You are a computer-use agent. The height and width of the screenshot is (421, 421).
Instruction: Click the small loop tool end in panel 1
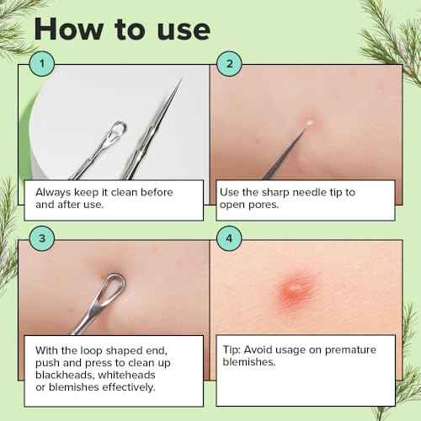point(119,129)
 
